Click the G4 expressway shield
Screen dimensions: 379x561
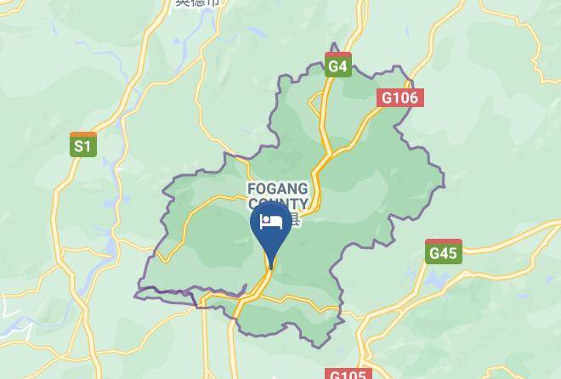click(x=337, y=65)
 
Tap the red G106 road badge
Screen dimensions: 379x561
click(x=399, y=98)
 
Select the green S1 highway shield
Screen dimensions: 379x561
click(x=82, y=145)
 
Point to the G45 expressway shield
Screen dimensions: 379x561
click(x=443, y=252)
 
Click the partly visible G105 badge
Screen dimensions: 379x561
click(x=347, y=374)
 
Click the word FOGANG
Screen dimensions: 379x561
click(x=278, y=189)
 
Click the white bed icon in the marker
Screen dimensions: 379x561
click(x=271, y=223)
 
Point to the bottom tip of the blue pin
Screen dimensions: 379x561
click(x=271, y=269)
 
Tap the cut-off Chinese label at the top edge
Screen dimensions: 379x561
click(x=197, y=3)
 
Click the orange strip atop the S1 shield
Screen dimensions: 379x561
click(x=82, y=134)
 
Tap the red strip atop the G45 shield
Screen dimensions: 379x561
click(x=443, y=241)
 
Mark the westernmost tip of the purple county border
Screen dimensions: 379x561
click(x=135, y=295)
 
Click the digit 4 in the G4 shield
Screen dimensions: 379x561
click(x=343, y=65)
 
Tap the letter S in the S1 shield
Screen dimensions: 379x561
click(x=78, y=147)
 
